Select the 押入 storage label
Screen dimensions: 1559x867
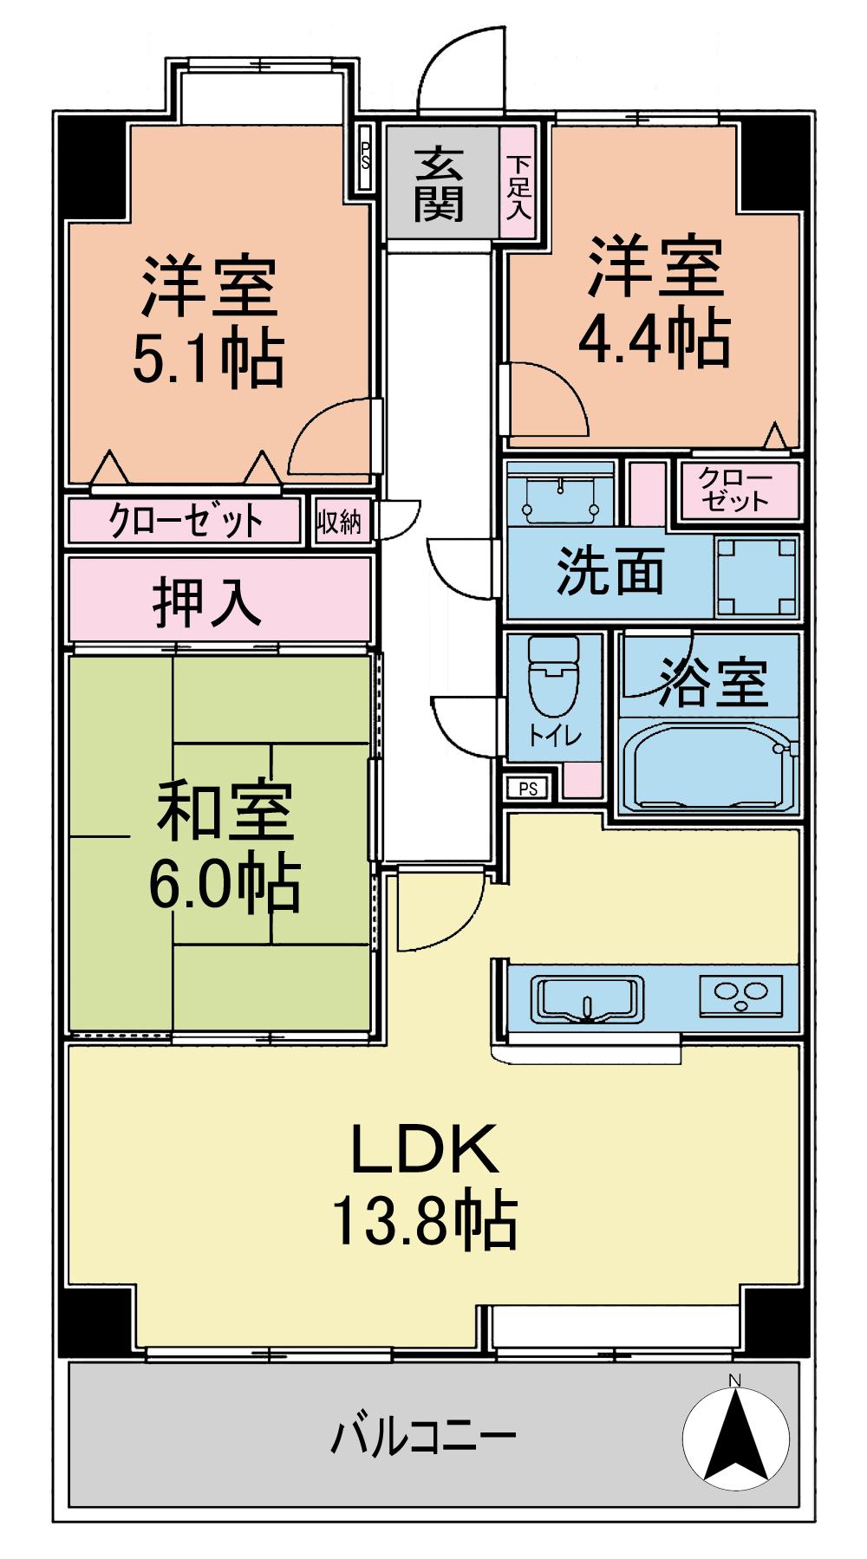click(208, 601)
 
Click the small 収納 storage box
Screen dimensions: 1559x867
click(339, 522)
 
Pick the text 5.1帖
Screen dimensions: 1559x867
click(208, 357)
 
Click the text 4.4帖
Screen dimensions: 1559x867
click(654, 339)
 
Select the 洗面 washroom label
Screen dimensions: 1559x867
click(610, 571)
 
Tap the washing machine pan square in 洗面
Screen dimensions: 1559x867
click(757, 575)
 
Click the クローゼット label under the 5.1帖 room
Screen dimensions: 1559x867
click(186, 521)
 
